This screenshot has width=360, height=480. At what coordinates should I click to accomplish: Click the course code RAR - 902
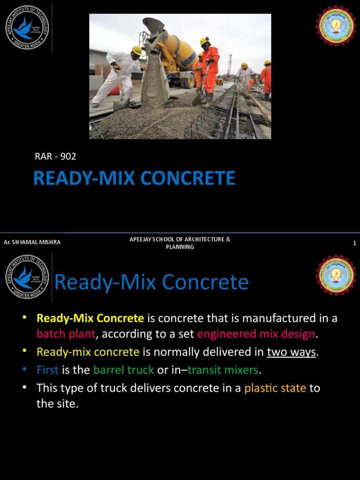coord(55,157)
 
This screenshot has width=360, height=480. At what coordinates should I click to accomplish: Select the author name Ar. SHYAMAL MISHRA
coord(32,242)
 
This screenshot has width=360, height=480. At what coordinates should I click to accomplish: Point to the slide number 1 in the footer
coord(354,243)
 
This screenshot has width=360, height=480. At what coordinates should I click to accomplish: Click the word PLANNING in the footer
coord(180,247)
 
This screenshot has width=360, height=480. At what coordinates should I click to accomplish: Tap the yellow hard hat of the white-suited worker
coord(137,50)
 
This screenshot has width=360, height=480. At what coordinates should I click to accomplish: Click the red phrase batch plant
coord(66,334)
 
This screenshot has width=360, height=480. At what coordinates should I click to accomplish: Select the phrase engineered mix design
coord(256,334)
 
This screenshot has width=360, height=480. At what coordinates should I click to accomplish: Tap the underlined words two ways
coord(291,352)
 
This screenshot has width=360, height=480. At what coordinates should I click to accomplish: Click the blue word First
coord(47,370)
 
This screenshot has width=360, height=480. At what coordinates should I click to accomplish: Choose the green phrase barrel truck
coord(123,370)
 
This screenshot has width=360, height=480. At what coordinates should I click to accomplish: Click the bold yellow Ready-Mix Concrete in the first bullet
coord(90,318)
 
